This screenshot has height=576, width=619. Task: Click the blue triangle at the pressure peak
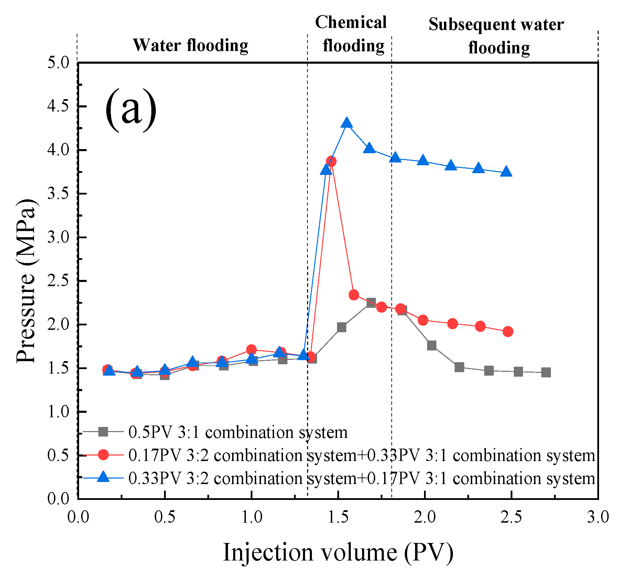(x=347, y=123)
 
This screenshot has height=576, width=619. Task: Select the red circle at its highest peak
(x=331, y=161)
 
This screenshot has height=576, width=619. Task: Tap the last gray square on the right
(x=546, y=372)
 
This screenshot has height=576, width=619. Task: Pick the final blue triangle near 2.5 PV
(x=506, y=171)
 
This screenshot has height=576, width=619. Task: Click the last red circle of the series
(x=508, y=332)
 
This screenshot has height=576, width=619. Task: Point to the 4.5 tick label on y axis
(x=58, y=106)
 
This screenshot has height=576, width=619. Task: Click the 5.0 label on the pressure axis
(x=58, y=63)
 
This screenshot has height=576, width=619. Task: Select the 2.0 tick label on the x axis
(x=425, y=517)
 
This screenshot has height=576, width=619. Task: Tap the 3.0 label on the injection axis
(x=598, y=517)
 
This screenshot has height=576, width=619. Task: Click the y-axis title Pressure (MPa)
(x=26, y=281)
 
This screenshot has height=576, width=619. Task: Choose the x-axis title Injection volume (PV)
(x=338, y=552)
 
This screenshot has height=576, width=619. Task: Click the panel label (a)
(x=131, y=109)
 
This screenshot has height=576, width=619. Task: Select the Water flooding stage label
(x=191, y=45)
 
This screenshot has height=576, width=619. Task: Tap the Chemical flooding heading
(x=351, y=34)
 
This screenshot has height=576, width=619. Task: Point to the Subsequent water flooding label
(x=496, y=36)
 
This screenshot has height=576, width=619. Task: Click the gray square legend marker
(x=103, y=431)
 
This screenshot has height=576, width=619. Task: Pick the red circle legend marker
(x=103, y=454)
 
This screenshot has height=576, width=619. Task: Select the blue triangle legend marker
(x=103, y=477)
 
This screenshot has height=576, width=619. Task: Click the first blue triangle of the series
(x=109, y=370)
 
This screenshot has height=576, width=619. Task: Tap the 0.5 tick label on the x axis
(x=165, y=517)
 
